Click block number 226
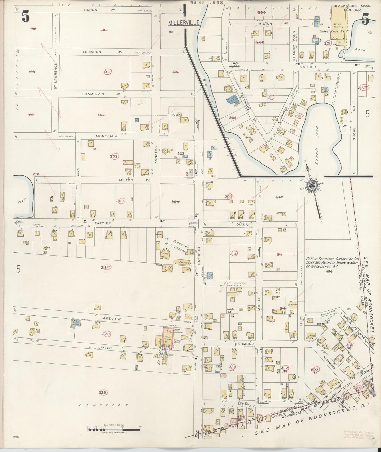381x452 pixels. click(102, 393)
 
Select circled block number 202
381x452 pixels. click(114, 156)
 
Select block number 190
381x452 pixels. click(103, 30)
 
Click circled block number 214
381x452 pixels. click(234, 254)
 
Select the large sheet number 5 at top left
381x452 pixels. click(26, 17)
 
